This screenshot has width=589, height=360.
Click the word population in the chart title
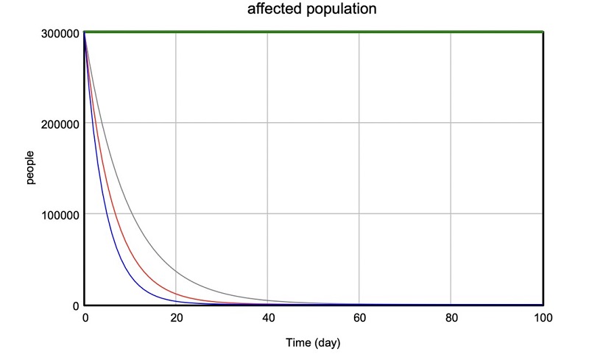click(340, 10)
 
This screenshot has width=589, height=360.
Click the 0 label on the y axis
click(75, 306)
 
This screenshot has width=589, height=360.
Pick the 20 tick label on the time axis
click(176, 318)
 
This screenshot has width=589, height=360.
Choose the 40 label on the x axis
click(267, 318)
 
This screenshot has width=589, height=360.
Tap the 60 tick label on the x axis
click(359, 318)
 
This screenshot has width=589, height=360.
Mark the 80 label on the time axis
click(451, 318)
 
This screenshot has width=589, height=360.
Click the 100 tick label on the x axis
click(543, 318)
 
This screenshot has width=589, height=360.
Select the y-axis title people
click(31, 169)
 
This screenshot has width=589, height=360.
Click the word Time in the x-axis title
click(299, 343)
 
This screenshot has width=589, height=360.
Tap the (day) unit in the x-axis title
click(328, 343)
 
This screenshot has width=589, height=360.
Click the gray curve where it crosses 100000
click(135, 214)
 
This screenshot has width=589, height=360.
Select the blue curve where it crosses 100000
click(107, 214)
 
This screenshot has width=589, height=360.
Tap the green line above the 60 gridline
click(359, 32)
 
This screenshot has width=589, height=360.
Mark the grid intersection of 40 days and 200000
click(267, 123)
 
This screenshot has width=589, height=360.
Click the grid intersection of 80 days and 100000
click(451, 214)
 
